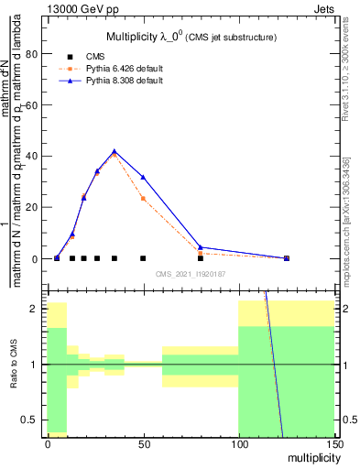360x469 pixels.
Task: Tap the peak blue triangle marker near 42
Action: [115, 151]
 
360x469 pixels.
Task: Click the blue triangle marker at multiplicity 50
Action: [143, 177]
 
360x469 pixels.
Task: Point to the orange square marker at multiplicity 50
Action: [143, 198]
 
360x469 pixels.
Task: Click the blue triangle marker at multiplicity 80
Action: [201, 247]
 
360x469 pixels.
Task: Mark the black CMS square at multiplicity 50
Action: [143, 258]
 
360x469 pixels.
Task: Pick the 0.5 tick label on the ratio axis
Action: [27, 420]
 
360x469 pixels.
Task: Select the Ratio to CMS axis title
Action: [13, 365]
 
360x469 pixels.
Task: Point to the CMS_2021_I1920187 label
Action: [190, 274]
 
